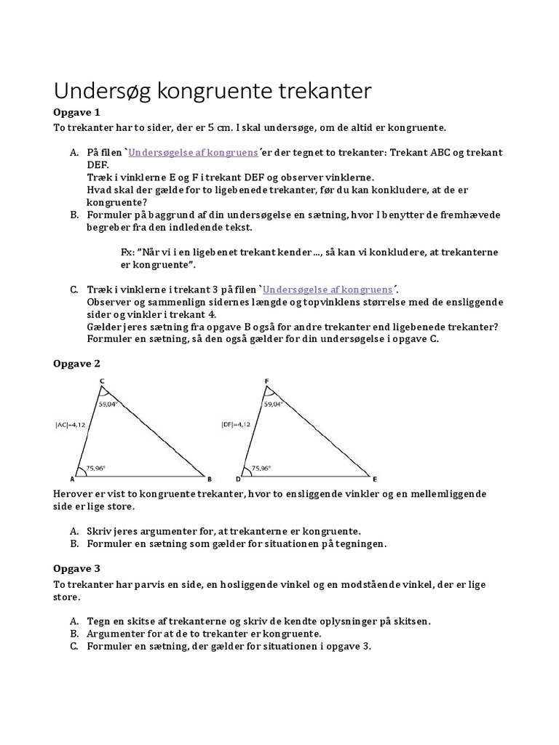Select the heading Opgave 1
(76, 112)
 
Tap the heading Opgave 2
(76, 363)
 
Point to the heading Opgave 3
(76, 568)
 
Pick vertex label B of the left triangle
(210, 479)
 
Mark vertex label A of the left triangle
(73, 479)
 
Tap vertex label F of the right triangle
(267, 381)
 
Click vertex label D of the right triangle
(239, 479)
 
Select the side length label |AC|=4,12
(70, 424)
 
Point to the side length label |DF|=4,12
(235, 424)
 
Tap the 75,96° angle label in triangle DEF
(262, 469)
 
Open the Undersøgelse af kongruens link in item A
(193, 154)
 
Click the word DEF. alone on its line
(97, 165)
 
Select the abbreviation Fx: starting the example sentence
(129, 251)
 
